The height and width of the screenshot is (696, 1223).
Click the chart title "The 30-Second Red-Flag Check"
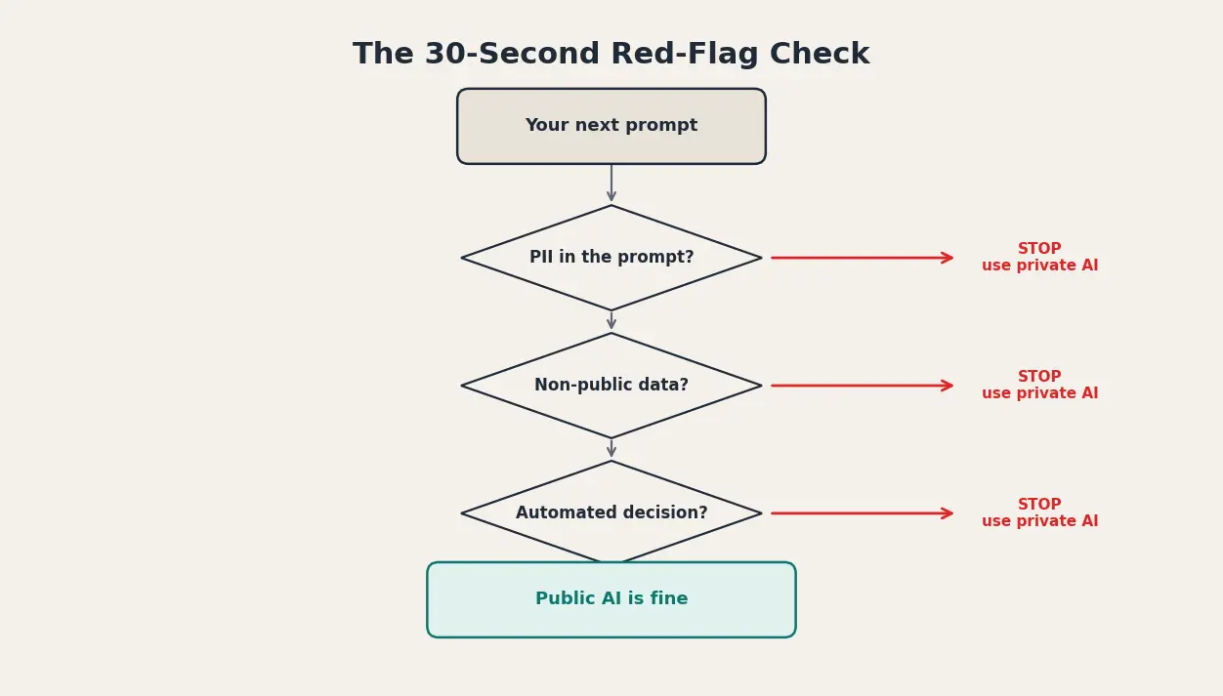(x=611, y=55)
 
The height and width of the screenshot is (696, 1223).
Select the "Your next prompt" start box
(x=611, y=126)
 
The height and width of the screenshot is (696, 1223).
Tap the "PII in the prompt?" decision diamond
(x=611, y=258)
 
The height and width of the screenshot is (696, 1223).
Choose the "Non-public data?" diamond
(x=611, y=386)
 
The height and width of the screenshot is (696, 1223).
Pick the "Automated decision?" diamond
(x=611, y=513)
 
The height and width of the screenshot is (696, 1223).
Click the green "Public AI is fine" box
(x=611, y=599)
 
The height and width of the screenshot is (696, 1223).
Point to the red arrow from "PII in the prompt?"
(x=862, y=258)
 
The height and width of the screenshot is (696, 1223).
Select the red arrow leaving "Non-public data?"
(x=862, y=386)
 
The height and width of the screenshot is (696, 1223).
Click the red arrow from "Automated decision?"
(x=862, y=513)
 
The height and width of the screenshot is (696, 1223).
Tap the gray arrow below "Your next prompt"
(x=611, y=184)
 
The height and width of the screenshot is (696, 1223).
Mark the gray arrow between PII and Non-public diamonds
(x=611, y=321)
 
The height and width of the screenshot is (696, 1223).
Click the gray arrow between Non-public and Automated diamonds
(x=611, y=449)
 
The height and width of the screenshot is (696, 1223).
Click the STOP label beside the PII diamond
(x=1039, y=258)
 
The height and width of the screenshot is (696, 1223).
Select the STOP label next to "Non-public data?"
(x=1039, y=386)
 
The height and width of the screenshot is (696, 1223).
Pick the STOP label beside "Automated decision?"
(x=1039, y=513)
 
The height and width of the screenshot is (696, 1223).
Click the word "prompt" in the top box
(x=664, y=126)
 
